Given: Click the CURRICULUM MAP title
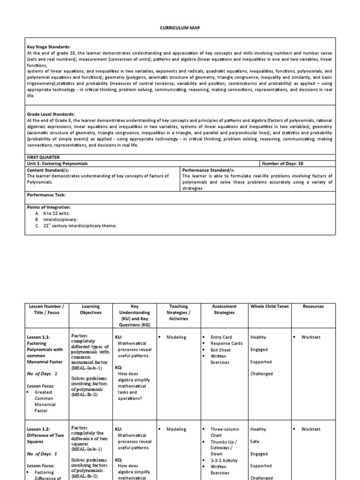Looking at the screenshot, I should pos(180,28).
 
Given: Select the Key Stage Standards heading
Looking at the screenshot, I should pos(48,47).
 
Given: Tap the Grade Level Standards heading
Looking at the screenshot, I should pos(50,114).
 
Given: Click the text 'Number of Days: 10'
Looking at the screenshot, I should pos(283,164).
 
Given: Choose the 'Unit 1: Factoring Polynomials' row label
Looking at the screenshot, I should pos(58,164).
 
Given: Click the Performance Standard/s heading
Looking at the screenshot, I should pos(208,170).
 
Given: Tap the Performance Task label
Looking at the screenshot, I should pos(46,195).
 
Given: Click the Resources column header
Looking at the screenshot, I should pos(313,307).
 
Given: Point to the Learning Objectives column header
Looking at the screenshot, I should pos(91,309).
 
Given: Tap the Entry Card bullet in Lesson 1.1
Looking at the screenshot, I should pos(221,337).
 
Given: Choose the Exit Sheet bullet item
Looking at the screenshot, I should pos(220,350).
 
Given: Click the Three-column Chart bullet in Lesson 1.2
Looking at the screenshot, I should pos(225,432).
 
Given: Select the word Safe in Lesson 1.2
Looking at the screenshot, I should pos(255,442).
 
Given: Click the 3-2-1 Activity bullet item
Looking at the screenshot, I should pos(224,460).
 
